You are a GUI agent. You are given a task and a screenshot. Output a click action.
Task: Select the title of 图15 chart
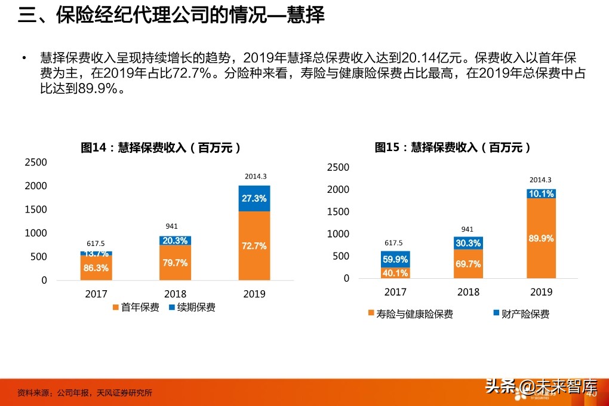pyautogui.click(x=453, y=147)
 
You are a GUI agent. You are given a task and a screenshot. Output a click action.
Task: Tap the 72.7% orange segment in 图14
pyautogui.click(x=254, y=245)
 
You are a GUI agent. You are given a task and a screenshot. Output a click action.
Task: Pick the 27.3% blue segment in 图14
pyautogui.click(x=254, y=198)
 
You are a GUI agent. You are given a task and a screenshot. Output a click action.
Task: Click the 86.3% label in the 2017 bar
pyautogui.click(x=96, y=268)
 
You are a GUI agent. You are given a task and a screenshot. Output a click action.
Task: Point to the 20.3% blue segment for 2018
pyautogui.click(x=175, y=241)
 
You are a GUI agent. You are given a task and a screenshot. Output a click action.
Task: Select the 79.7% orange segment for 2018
pyautogui.click(x=175, y=263)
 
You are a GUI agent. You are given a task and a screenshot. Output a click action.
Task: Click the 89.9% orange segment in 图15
pyautogui.click(x=541, y=238)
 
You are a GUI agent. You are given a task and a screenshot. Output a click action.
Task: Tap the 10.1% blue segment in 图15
pyautogui.click(x=541, y=193)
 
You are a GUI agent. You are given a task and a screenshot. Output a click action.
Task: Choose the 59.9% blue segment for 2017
pyautogui.click(x=395, y=259)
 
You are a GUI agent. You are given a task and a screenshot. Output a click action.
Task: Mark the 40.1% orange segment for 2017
pyautogui.click(x=395, y=273)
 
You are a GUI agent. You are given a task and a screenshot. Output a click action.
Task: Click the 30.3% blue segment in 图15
pyautogui.click(x=468, y=243)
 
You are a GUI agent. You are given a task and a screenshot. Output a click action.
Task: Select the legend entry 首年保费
pyautogui.click(x=136, y=307)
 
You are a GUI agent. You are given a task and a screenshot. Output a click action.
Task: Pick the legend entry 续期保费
pyautogui.click(x=192, y=307)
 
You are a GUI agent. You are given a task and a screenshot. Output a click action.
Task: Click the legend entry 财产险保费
pyautogui.click(x=521, y=314)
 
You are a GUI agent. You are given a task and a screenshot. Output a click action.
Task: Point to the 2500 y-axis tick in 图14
pyautogui.click(x=35, y=162)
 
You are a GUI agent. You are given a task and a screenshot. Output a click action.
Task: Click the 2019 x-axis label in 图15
pyautogui.click(x=541, y=292)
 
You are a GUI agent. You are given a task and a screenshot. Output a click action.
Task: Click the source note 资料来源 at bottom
pyautogui.click(x=85, y=393)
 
